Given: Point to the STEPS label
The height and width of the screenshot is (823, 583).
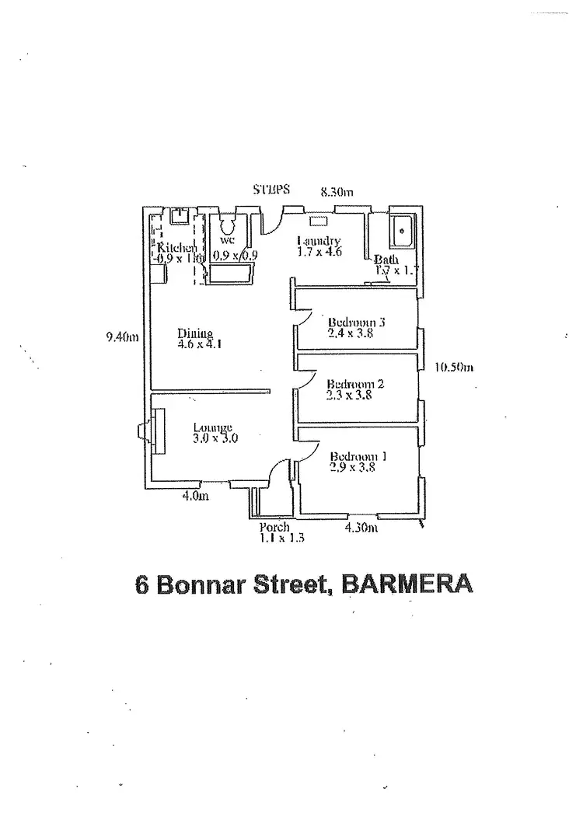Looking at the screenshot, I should click(x=271, y=189).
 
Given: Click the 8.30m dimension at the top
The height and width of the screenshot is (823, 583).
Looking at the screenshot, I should click(x=337, y=190).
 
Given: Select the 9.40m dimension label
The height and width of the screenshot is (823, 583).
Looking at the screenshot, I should click(x=122, y=337).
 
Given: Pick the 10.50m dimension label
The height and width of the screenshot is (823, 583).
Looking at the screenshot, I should click(x=453, y=368).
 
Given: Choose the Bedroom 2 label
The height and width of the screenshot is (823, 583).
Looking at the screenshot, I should click(x=355, y=383).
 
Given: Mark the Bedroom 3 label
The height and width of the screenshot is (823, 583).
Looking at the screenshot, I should click(x=357, y=321).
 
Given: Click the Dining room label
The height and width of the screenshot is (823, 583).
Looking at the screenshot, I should click(x=190, y=334).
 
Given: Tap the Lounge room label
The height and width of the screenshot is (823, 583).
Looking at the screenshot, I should click(x=213, y=427).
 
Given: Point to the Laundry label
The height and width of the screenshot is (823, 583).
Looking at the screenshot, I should click(x=319, y=241).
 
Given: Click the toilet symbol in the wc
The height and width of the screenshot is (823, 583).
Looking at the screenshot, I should click(x=228, y=225).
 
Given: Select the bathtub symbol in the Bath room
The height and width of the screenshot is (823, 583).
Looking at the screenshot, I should click(x=403, y=230).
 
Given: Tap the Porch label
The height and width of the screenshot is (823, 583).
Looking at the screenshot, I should click(x=274, y=527).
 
